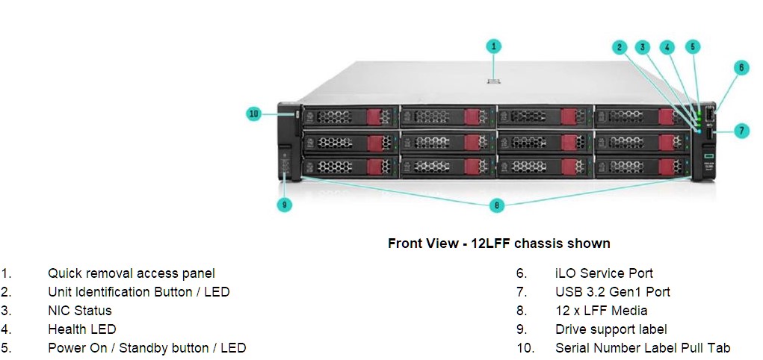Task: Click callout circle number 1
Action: (x=493, y=46)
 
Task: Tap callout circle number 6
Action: (x=741, y=68)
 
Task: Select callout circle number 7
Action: (x=741, y=131)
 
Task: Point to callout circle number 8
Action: (x=496, y=205)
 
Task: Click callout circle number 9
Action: (x=284, y=205)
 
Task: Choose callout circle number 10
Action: (x=254, y=114)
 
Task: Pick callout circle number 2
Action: (x=620, y=47)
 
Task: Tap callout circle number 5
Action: (x=693, y=47)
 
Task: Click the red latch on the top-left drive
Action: (x=374, y=117)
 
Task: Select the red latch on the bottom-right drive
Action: (x=666, y=167)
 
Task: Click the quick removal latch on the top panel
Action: (x=493, y=81)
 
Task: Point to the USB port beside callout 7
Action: (x=708, y=134)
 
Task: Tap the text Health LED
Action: (x=81, y=329)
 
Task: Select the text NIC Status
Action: (x=80, y=311)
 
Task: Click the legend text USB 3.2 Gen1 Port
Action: (x=613, y=292)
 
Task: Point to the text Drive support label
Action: (x=611, y=329)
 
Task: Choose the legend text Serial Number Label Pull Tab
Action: (x=643, y=348)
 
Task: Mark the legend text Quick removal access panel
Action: (x=132, y=273)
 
